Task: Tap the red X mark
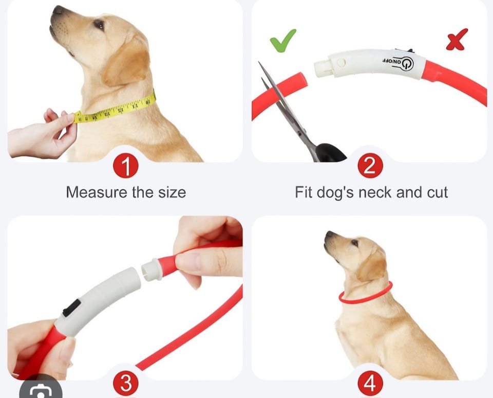(x=457, y=40)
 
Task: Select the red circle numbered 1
(x=126, y=166)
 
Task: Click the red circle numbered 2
(x=370, y=166)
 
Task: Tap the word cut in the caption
(x=438, y=192)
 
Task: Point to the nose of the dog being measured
(x=58, y=10)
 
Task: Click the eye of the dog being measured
(x=99, y=24)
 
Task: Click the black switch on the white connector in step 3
(x=72, y=307)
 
